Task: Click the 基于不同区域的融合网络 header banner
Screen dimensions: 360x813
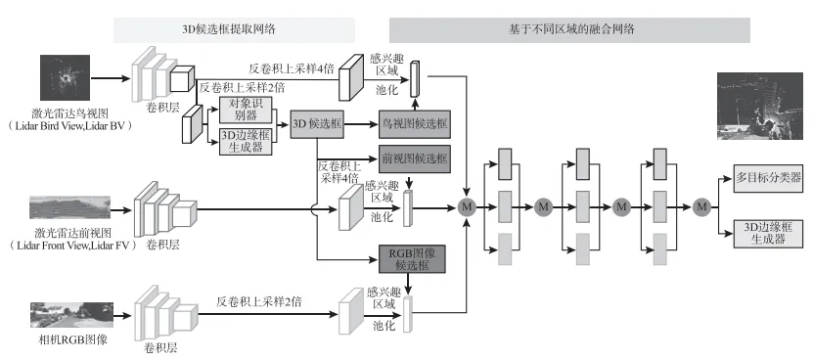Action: (x=569, y=29)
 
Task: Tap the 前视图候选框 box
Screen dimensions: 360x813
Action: (x=413, y=157)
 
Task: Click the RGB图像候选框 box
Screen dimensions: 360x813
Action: (x=413, y=258)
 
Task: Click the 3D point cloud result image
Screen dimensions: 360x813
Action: (x=759, y=109)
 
